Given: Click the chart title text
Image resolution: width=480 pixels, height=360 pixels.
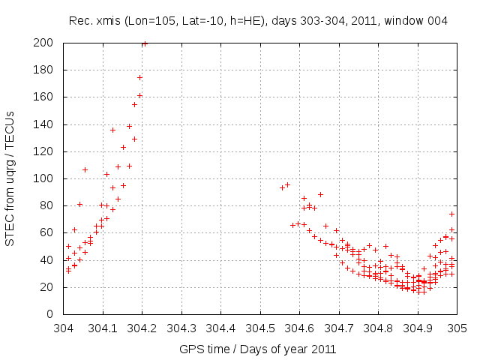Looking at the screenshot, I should pyautogui.click(x=258, y=21).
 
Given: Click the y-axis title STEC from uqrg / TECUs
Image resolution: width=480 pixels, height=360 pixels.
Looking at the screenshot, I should pyautogui.click(x=10, y=178).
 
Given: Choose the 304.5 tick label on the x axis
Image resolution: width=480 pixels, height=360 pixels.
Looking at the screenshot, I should pyautogui.click(x=260, y=328).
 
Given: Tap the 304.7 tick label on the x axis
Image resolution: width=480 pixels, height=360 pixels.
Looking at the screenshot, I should pyautogui.click(x=339, y=328).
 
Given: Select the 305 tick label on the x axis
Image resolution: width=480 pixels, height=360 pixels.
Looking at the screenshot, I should pyautogui.click(x=457, y=328).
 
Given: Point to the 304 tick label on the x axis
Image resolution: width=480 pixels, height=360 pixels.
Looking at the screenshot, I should pyautogui.click(x=64, y=328).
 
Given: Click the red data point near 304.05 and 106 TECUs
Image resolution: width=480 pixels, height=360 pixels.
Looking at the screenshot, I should pyautogui.click(x=85, y=169).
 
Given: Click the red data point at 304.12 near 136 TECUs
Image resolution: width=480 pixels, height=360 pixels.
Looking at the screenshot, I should pyautogui.click(x=112, y=130).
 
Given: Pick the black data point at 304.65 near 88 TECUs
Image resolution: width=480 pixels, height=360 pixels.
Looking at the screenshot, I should pyautogui.click(x=320, y=194).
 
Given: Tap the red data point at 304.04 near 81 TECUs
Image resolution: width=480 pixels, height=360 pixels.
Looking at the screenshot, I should pyautogui.click(x=79, y=204).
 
